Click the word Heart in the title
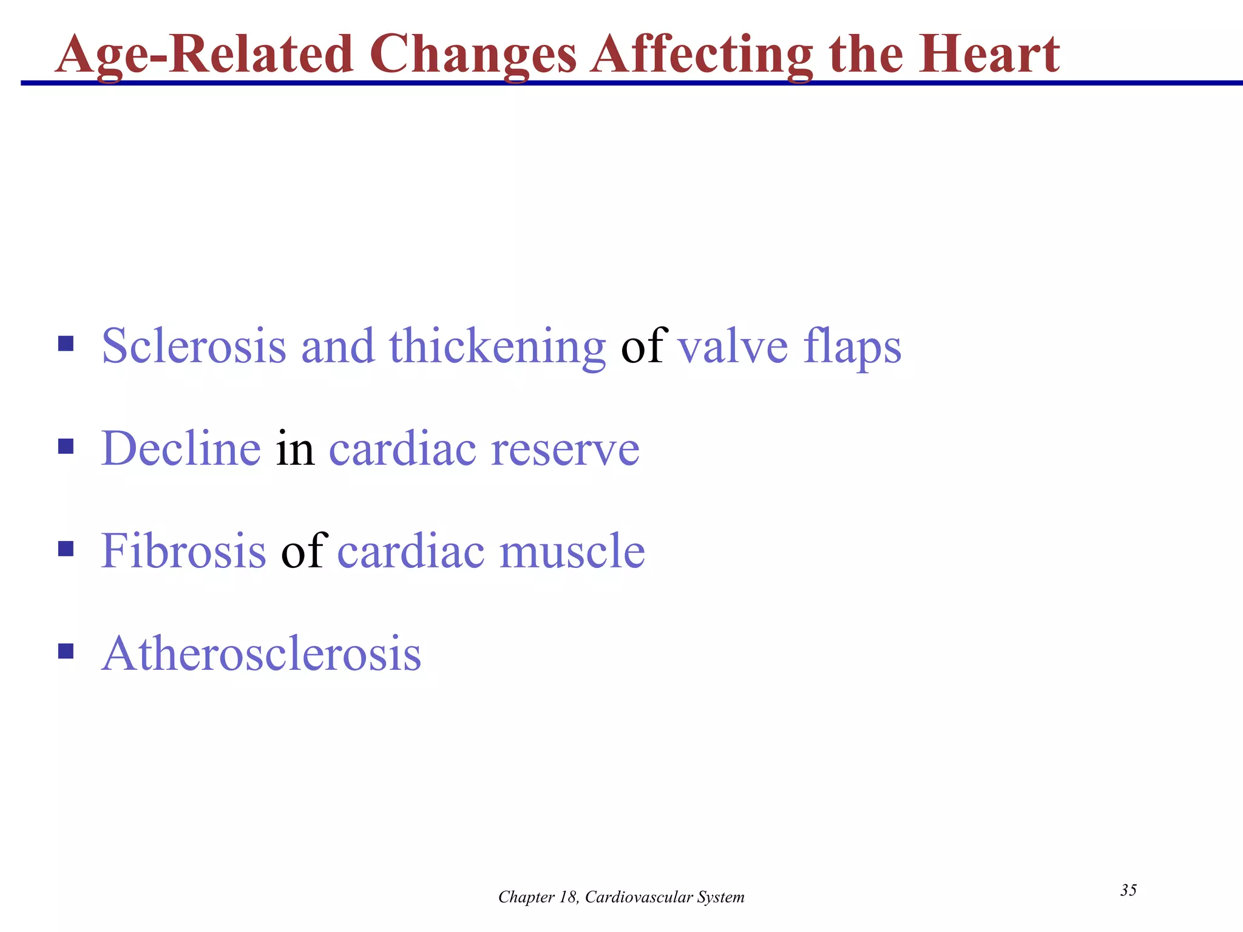989,55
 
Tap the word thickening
497,347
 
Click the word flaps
852,347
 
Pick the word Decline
181,448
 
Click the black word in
295,448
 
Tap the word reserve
565,450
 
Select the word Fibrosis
183,551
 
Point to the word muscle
572,551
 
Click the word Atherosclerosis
261,653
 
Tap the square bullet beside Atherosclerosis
66,652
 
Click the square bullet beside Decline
66,447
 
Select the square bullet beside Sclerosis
66,345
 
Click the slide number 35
1128,890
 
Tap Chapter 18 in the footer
538,897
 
